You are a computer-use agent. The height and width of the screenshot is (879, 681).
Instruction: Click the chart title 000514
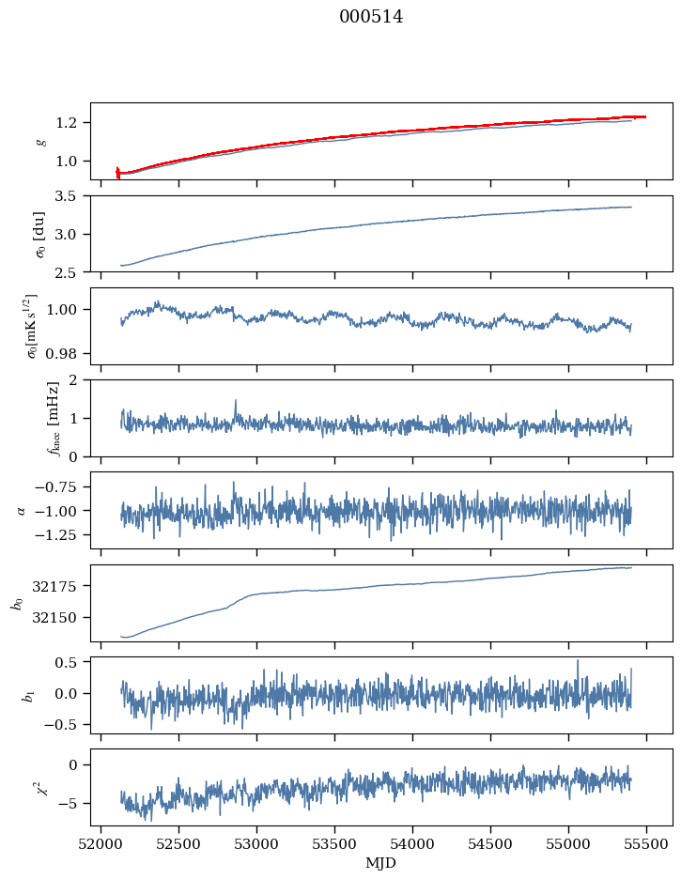click(x=371, y=17)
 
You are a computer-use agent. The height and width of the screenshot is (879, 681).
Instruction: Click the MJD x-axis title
click(x=381, y=863)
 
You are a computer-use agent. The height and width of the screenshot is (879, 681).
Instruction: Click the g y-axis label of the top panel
click(x=40, y=141)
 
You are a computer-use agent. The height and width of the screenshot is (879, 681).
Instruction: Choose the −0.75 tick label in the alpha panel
click(x=58, y=486)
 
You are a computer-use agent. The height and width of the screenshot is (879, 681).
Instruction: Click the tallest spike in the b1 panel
click(x=578, y=660)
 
